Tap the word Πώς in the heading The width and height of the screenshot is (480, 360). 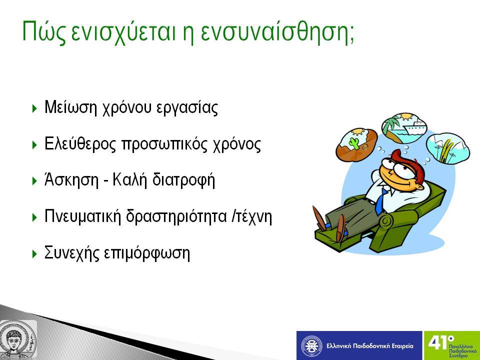[44, 32]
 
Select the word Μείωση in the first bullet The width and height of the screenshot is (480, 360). [70, 107]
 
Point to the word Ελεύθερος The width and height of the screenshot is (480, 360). [80, 143]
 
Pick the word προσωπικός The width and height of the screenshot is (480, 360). [164, 144]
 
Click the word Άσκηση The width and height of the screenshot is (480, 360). [71, 179]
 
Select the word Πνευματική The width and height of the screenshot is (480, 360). [82, 216]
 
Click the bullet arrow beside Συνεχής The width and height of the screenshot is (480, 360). [34, 254]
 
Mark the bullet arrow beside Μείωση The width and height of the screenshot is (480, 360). [34, 108]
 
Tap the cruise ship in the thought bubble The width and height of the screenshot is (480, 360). [413, 126]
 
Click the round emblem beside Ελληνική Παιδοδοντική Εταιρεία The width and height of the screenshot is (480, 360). [311, 345]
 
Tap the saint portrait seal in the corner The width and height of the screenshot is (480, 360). [18, 339]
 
